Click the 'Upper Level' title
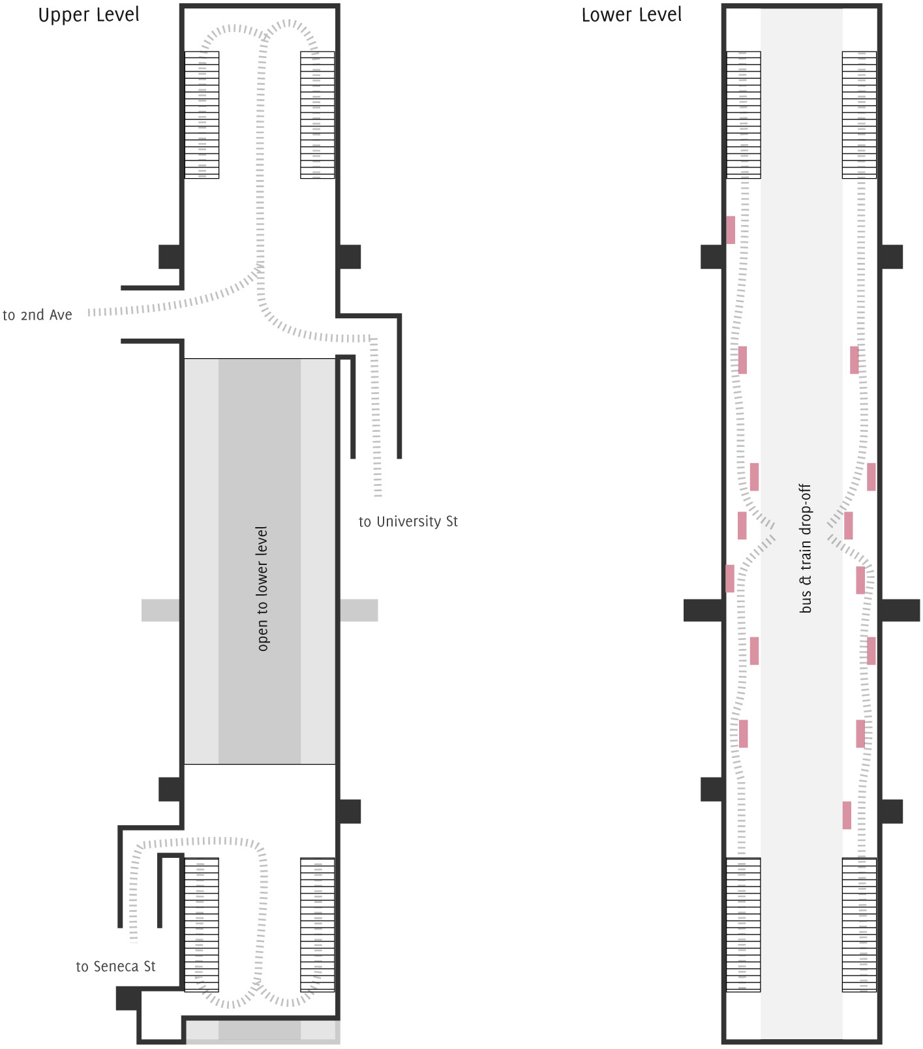pyautogui.click(x=89, y=15)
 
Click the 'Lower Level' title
pyautogui.click(x=631, y=15)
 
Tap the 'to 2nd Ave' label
pyautogui.click(x=38, y=315)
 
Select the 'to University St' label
pyautogui.click(x=408, y=522)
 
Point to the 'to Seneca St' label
pyautogui.click(x=115, y=967)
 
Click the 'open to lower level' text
pyautogui.click(x=262, y=588)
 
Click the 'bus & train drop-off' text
pyautogui.click(x=806, y=548)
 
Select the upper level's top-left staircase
pyautogui.click(x=202, y=115)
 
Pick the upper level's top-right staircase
pyautogui.click(x=318, y=115)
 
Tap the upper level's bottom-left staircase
pyautogui.click(x=202, y=925)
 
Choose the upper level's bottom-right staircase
pyautogui.click(x=318, y=925)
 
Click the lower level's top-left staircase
pyautogui.click(x=744, y=115)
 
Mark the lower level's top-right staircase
pyautogui.click(x=859, y=115)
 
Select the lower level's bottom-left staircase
pyautogui.click(x=744, y=925)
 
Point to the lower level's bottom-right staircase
pyautogui.click(x=859, y=925)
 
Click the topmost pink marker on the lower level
pyautogui.click(x=731, y=230)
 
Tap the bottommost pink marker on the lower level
pyautogui.click(x=847, y=815)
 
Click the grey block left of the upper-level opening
pyautogui.click(x=160, y=610)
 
